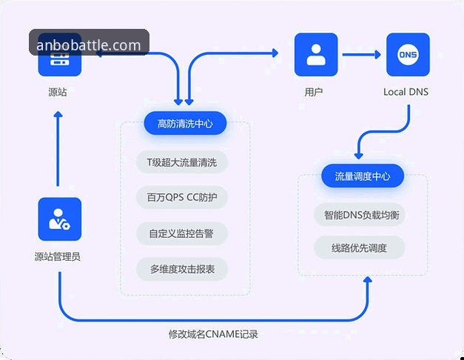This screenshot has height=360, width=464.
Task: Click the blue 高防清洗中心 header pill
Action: [185, 124]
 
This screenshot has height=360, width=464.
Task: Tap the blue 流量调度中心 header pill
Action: [363, 176]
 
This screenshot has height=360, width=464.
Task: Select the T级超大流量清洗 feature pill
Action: [182, 161]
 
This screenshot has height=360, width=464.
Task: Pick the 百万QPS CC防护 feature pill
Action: [182, 197]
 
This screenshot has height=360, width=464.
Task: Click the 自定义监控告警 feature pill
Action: [182, 233]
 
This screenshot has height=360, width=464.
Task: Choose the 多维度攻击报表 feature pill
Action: [182, 269]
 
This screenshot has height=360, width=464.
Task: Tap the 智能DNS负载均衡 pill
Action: [360, 215]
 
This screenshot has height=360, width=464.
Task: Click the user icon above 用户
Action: [316, 54]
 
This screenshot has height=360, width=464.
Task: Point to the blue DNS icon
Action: [408, 54]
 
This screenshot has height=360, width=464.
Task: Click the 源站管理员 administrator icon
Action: [59, 219]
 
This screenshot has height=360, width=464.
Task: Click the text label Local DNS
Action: [406, 92]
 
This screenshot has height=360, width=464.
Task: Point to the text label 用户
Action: [315, 92]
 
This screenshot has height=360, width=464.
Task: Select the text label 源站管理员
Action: [58, 257]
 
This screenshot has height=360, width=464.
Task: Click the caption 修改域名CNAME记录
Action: [214, 334]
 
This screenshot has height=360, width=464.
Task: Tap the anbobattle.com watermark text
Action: [89, 45]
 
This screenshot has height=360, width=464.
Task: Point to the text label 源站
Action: [57, 93]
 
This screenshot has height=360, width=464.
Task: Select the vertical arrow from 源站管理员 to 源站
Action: [58, 148]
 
